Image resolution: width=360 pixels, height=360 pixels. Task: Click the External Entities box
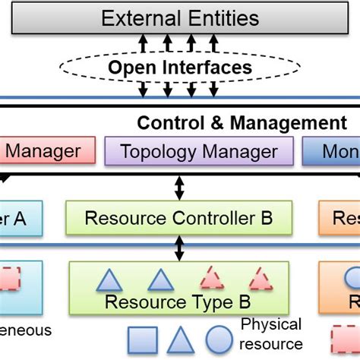coord(180,17)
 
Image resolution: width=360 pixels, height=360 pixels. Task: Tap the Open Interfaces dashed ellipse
coord(179,68)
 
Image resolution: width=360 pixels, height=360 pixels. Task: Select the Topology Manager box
coord(199,151)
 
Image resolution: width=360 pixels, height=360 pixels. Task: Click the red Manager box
coord(46,151)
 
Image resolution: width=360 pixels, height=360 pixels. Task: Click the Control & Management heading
coord(242,123)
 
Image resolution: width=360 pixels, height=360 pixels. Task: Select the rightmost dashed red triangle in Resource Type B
coord(261,279)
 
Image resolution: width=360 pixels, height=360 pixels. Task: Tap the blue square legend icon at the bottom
coord(142,340)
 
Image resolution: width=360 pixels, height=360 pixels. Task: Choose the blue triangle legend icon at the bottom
coord(180,340)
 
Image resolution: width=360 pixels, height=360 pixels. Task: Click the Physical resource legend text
coord(270,334)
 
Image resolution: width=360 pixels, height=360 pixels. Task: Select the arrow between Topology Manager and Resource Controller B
coord(179,185)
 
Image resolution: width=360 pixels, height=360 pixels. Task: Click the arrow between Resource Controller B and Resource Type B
coord(179,248)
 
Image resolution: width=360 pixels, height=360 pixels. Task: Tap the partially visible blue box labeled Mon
coord(331,151)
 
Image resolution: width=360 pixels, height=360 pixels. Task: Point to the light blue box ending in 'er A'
coord(21,218)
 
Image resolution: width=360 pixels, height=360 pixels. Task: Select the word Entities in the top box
coord(221,17)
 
